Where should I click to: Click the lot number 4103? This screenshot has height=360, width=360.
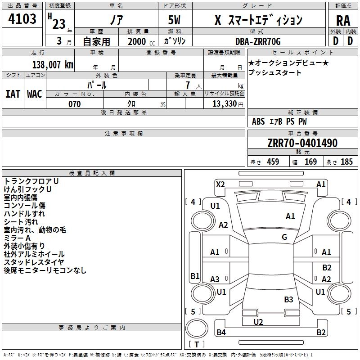tap(22, 19)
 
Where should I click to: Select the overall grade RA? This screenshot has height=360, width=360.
tap(343, 21)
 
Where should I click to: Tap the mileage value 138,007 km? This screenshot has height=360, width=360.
tap(53, 65)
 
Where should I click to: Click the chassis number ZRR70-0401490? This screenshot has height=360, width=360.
tap(302, 143)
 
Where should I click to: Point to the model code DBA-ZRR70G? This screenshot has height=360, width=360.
tap(258, 41)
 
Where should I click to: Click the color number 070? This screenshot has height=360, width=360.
tap(75, 104)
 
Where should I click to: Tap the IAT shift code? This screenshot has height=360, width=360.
tap(13, 94)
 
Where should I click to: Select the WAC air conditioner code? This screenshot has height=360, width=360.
tap(35, 94)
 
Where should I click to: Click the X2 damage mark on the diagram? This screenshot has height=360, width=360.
tap(220, 184)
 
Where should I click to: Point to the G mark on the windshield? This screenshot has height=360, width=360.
tap(284, 237)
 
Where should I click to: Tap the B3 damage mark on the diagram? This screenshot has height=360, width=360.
tap(288, 299)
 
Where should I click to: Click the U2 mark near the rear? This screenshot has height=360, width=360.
tap(258, 322)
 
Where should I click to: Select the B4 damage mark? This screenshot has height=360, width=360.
tap(221, 332)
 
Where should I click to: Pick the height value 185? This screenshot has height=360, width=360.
tap(346, 162)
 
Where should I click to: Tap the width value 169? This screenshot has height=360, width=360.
tap(310, 162)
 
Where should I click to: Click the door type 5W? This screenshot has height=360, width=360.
tap(174, 20)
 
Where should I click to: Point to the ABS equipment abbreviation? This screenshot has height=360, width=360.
tap(258, 121)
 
